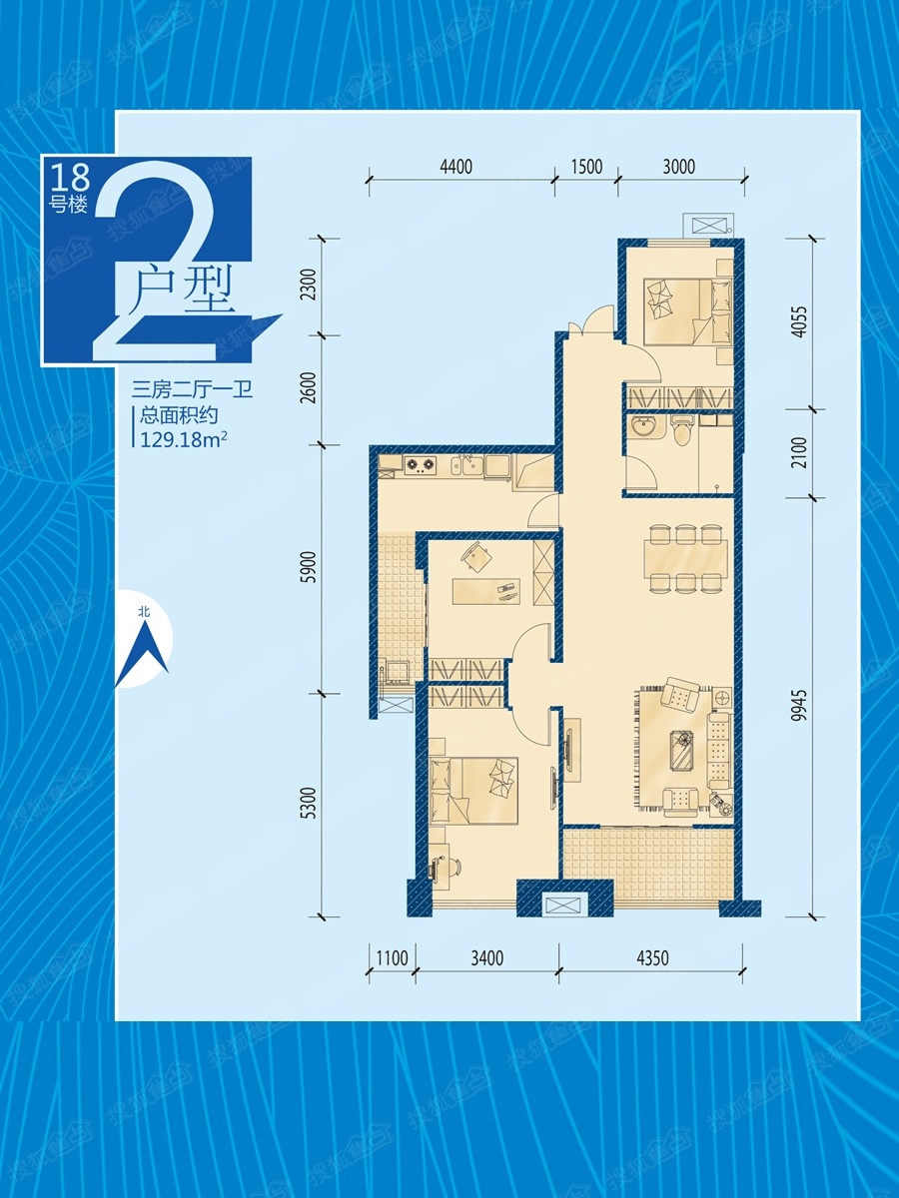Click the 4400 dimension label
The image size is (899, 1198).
pyautogui.click(x=455, y=166)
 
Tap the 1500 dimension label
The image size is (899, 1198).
pyautogui.click(x=586, y=166)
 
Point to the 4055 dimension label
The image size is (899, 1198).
pyautogui.click(x=800, y=321)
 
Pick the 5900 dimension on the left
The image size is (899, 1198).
pyautogui.click(x=309, y=567)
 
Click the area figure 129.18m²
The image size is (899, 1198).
pyautogui.click(x=184, y=439)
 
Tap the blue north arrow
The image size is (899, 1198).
pyautogui.click(x=142, y=654)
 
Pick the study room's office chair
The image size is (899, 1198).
pyautogui.click(x=475, y=557)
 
